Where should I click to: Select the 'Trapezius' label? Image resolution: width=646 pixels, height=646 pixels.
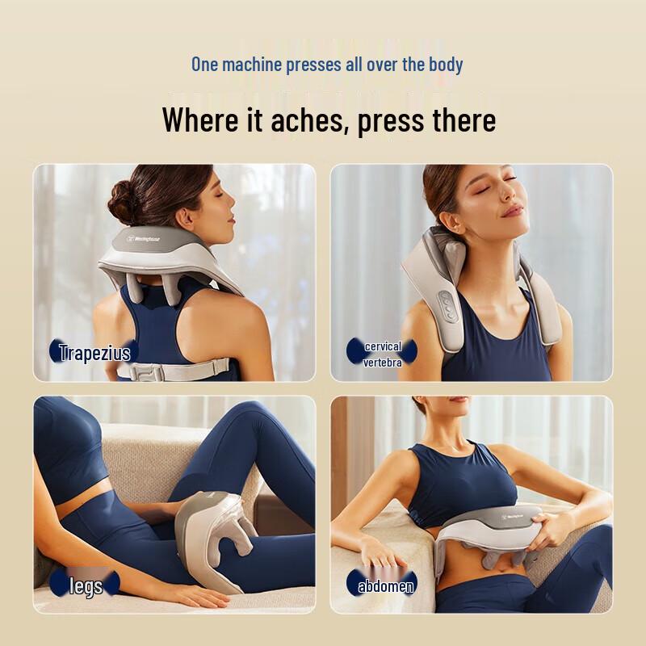click(94, 352)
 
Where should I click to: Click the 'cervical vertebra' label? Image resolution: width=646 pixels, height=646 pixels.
click(383, 354)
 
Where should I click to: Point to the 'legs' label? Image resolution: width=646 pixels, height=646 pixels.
click(86, 585)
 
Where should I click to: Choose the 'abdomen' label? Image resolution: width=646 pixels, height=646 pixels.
click(385, 585)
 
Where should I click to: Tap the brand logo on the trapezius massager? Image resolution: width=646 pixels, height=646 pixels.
click(146, 239)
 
